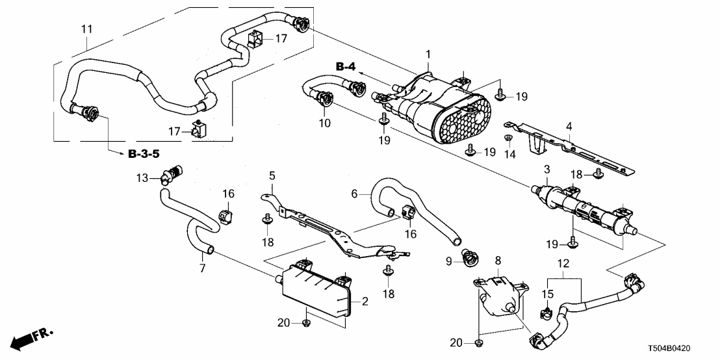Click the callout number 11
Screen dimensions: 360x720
[x=86, y=29]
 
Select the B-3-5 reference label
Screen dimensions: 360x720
[x=141, y=154]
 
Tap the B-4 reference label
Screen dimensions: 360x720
[x=346, y=67]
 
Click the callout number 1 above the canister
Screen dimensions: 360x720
[x=428, y=53]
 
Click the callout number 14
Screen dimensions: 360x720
[x=509, y=155]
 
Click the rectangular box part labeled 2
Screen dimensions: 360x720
[x=315, y=292]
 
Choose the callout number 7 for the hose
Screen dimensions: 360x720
[x=202, y=268]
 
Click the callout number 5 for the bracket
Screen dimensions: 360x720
[x=272, y=175]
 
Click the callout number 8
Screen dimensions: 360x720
[x=498, y=261]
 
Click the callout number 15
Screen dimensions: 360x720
[x=547, y=294]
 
